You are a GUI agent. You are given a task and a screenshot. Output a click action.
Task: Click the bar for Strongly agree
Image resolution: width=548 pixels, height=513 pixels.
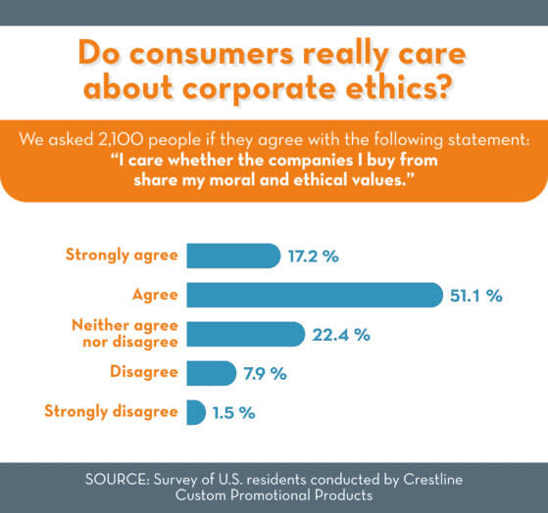pyautogui.click(x=232, y=256)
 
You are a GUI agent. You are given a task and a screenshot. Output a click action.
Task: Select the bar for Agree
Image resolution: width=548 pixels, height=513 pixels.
pyautogui.click(x=314, y=294)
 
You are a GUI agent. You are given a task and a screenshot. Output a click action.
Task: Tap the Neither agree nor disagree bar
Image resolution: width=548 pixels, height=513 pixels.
pyautogui.click(x=245, y=334)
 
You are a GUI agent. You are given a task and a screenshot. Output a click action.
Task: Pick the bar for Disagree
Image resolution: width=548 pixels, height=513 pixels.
pyautogui.click(x=211, y=373)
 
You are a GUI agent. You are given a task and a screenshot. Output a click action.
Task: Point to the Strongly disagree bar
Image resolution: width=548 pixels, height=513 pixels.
pyautogui.click(x=195, y=412)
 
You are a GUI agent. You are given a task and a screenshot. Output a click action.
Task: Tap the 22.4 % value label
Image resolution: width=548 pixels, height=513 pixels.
pyautogui.click(x=342, y=335)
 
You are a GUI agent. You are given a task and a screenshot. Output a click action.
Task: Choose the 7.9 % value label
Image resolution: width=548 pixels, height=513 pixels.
pyautogui.click(x=265, y=374)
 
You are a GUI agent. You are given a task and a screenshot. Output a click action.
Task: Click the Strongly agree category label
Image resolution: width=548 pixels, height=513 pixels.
pyautogui.click(x=122, y=256)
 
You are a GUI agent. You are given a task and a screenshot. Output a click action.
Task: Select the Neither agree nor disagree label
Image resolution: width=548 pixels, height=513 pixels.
pyautogui.click(x=125, y=333)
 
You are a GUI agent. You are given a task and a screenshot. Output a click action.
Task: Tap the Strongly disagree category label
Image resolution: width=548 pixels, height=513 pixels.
pyautogui.click(x=111, y=411)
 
